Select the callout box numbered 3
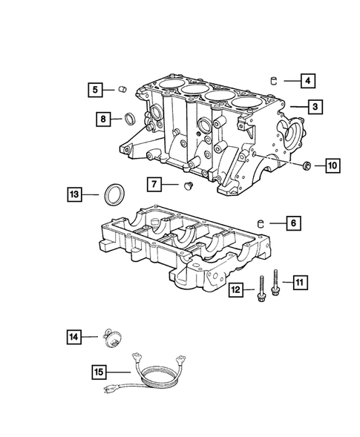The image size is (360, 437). click(315, 108)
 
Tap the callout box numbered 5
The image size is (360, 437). click(94, 91)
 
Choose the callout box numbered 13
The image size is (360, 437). click(73, 195)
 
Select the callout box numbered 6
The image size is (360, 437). click(292, 221)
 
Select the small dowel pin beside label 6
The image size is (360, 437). click(261, 221)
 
